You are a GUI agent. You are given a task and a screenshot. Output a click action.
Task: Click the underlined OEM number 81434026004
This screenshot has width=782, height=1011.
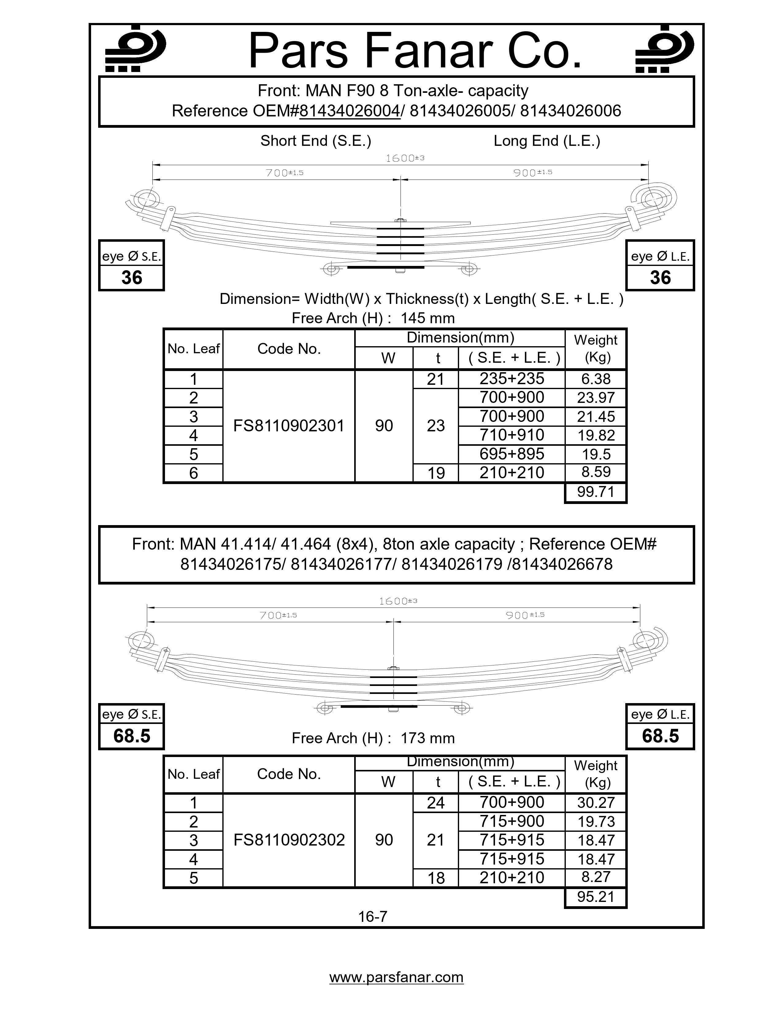[x=350, y=111]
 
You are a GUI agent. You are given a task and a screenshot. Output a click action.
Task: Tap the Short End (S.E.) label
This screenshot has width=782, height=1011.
[x=316, y=141]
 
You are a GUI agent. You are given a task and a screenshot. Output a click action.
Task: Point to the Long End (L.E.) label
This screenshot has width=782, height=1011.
[x=547, y=141]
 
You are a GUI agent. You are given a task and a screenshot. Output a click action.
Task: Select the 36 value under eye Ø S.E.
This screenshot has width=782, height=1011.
[x=132, y=278]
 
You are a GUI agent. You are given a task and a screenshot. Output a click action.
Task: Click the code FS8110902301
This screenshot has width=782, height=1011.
[x=289, y=426]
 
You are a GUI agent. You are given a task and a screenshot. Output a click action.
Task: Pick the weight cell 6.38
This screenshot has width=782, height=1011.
[x=596, y=379]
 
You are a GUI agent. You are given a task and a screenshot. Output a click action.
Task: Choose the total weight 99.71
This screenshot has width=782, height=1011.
[x=596, y=492]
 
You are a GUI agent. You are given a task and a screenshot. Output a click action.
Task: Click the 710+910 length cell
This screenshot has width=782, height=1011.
[x=512, y=435]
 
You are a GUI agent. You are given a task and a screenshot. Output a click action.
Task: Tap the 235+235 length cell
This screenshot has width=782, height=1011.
[x=512, y=379]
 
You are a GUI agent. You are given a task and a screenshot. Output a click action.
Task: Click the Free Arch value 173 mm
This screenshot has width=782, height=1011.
[x=427, y=738]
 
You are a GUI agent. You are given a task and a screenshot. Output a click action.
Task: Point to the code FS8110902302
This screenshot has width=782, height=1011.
[x=289, y=840]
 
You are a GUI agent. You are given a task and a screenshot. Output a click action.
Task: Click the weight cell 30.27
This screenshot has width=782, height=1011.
[x=596, y=802]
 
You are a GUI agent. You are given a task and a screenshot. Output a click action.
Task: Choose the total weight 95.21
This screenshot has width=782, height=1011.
[x=596, y=897]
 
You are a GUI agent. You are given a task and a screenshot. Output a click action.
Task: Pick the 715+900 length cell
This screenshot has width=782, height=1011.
[x=512, y=821]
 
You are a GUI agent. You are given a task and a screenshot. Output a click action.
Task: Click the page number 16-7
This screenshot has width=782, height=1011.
[x=373, y=917]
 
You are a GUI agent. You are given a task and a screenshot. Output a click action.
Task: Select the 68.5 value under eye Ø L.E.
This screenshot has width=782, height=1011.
[x=660, y=736]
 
